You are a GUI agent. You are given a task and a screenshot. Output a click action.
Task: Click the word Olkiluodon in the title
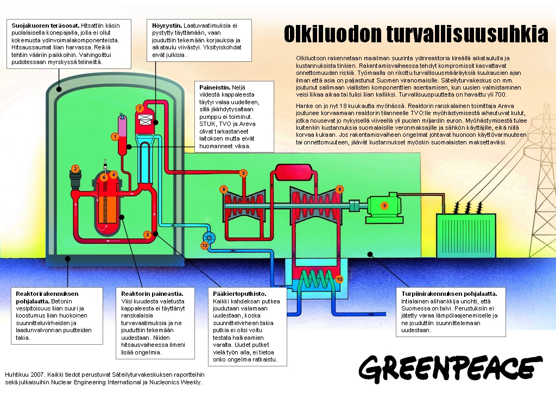(331, 34)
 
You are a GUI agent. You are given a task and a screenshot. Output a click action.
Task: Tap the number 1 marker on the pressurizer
(115, 137)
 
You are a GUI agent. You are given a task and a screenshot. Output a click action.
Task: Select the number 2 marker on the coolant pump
(75, 169)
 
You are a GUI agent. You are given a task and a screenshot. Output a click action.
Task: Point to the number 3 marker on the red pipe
(147, 234)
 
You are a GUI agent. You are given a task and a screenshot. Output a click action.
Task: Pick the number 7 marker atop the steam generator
(140, 109)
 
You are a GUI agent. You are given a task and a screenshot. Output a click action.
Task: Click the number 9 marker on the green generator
(384, 206)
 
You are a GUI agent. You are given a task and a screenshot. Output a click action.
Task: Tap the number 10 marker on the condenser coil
(339, 279)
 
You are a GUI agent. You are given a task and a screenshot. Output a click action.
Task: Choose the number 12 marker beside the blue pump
(205, 245)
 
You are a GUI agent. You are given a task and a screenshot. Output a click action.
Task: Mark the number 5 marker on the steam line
(243, 173)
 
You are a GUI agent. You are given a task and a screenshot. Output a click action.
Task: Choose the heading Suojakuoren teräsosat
(45, 26)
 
